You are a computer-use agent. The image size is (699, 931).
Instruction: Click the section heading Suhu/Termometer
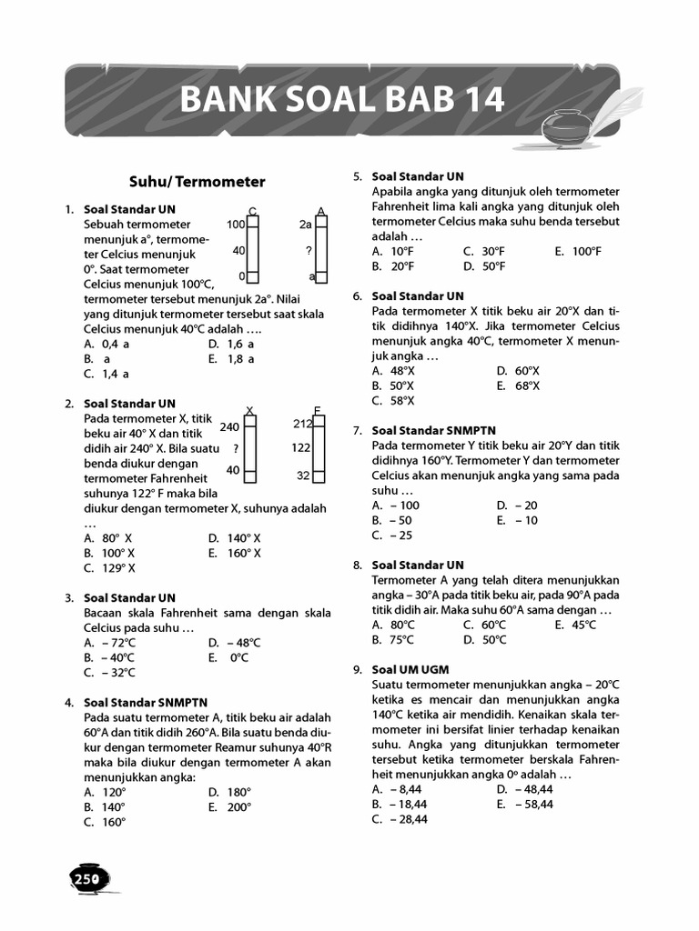[x=198, y=181]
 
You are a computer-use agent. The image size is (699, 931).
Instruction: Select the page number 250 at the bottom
[x=86, y=878]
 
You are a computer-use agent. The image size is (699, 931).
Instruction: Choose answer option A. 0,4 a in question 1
[x=106, y=344]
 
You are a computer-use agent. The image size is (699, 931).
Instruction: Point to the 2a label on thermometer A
[x=305, y=224]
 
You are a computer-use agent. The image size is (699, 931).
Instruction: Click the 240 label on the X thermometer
[x=229, y=426]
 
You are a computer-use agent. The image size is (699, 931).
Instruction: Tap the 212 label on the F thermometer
[x=303, y=424]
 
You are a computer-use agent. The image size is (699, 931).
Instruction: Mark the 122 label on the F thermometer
[x=301, y=447]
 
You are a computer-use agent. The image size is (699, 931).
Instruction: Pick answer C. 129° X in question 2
[x=109, y=567]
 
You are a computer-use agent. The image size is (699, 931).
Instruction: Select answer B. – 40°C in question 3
[x=109, y=657]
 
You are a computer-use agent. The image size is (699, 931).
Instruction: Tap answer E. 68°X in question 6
[x=518, y=385]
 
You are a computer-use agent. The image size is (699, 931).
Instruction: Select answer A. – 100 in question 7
[x=396, y=505]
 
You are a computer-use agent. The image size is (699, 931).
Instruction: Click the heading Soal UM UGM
[x=410, y=669]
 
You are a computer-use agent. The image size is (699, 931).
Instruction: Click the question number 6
[x=358, y=296]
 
